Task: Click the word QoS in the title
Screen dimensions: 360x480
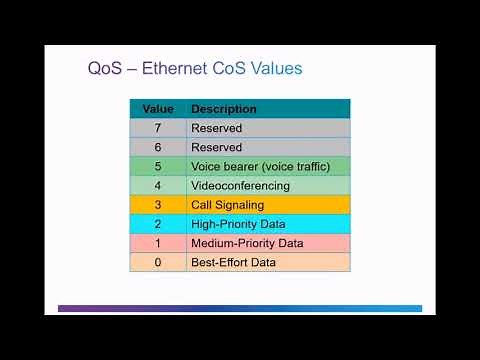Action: coord(105,69)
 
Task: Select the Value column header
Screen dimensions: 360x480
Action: coord(158,109)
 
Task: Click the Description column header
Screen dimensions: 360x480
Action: coord(224,109)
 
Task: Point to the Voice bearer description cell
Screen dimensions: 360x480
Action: coord(250,166)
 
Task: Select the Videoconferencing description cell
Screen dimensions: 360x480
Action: coord(240,185)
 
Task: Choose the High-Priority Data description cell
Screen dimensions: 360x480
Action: coord(240,224)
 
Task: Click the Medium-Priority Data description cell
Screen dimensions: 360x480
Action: coord(246,243)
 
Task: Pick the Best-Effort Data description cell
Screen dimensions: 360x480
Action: coord(233,262)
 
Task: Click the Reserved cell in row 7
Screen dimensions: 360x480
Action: coord(217,128)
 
